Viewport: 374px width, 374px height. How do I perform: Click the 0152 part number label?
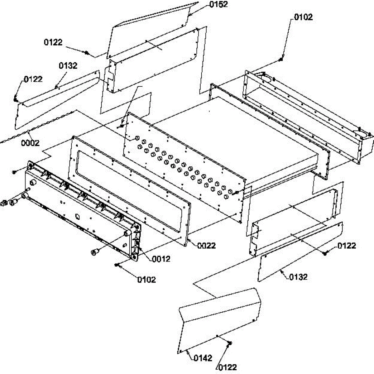[x=218, y=4]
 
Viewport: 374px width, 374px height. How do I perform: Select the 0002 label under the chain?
[x=30, y=143]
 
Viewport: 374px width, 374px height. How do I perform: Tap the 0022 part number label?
[x=206, y=245]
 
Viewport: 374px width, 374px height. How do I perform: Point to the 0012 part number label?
[x=161, y=258]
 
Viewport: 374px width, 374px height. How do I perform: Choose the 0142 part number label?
[x=203, y=358]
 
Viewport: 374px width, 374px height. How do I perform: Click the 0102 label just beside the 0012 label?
[x=146, y=279]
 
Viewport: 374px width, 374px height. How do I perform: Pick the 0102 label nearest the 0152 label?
[x=303, y=17]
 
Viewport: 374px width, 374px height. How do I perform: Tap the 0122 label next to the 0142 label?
[x=227, y=367]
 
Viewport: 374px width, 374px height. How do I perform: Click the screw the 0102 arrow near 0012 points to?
[x=117, y=265]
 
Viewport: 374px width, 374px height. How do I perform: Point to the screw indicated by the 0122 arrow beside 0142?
[x=230, y=343]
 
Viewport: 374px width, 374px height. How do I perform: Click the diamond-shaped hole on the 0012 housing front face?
[x=78, y=215]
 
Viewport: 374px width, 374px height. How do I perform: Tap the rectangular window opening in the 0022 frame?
[x=128, y=186]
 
